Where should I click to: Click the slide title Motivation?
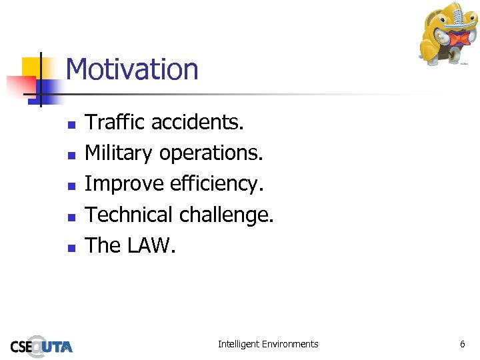click(132, 69)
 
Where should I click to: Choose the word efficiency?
click(213, 184)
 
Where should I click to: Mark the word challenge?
click(227, 215)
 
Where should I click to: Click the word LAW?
click(151, 245)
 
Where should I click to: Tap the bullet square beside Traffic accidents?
click(72, 124)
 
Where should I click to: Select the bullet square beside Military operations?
click(72, 155)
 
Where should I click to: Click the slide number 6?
click(462, 344)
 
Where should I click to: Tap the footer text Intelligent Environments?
click(268, 344)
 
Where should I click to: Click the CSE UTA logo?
click(41, 345)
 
